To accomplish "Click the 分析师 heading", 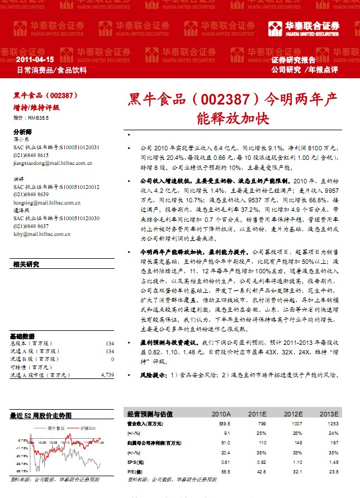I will pyautogui.click(x=22, y=131).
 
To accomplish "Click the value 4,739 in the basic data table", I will pyautogui.click(x=107, y=376).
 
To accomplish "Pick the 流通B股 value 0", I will pyautogui.click(x=112, y=359).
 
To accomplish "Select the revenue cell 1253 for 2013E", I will pyautogui.click(x=333, y=424).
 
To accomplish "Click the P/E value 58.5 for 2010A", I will pyautogui.click(x=225, y=472).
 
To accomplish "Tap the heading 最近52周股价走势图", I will pyautogui.click(x=41, y=416).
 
